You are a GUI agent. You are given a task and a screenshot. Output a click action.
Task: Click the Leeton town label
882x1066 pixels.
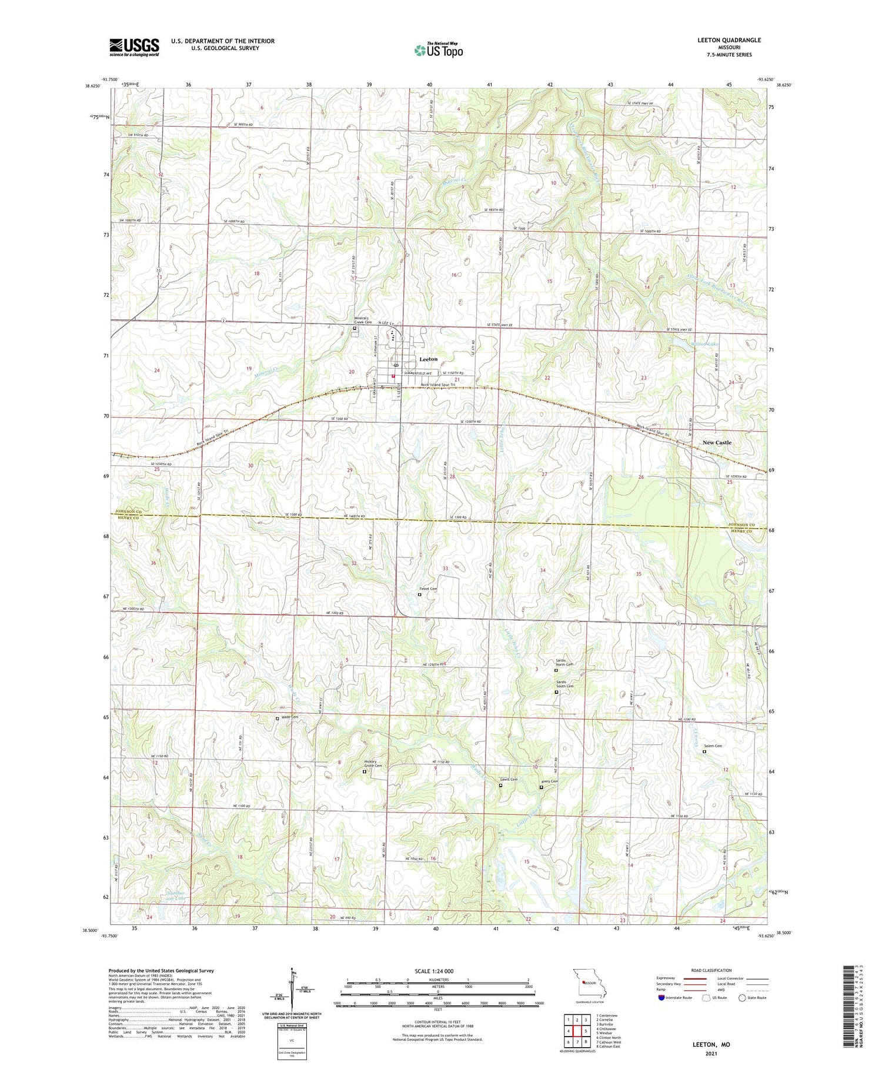coord(428,359)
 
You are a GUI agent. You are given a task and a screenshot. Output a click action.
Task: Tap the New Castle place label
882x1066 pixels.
coord(717,442)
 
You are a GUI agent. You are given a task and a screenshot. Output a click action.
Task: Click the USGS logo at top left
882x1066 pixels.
coord(134,47)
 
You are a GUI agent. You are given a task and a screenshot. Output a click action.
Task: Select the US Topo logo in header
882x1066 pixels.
coord(438,51)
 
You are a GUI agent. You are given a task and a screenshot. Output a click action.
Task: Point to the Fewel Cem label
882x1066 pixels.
coord(427,589)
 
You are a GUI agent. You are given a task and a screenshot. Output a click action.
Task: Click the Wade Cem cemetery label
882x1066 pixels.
coord(289,717)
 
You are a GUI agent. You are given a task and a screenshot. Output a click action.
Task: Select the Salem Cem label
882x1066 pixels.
coord(713,746)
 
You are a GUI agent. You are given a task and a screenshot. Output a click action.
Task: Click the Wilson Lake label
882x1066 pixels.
coord(705,344)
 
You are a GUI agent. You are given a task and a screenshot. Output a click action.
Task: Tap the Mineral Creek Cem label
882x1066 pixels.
coord(362,320)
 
